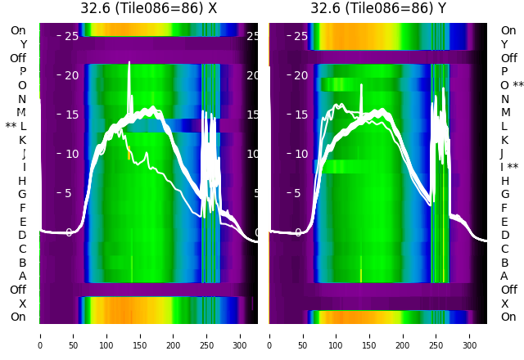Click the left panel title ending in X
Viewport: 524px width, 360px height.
tap(148, 8)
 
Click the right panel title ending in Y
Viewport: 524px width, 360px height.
tap(378, 8)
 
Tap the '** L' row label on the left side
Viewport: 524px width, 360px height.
tap(16, 126)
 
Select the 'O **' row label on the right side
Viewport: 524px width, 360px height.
tap(512, 85)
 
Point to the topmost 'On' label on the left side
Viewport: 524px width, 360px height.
tap(18, 30)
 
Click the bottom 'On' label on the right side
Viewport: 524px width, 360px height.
tap(508, 317)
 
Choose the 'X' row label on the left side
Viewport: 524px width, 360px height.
tap(22, 304)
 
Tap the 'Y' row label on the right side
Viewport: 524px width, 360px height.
tap(504, 44)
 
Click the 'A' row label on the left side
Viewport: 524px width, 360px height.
tap(22, 276)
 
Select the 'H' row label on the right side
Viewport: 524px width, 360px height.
tap(504, 181)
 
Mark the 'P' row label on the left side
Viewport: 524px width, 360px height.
tap(22, 71)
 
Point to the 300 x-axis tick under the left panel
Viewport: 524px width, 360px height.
tap(241, 335)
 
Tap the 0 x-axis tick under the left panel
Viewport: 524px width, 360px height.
tap(39, 335)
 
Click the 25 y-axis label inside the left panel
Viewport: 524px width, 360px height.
tap(71, 36)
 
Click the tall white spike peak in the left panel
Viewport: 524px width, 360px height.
tap(129, 62)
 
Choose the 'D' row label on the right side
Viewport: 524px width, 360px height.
tap(504, 235)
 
